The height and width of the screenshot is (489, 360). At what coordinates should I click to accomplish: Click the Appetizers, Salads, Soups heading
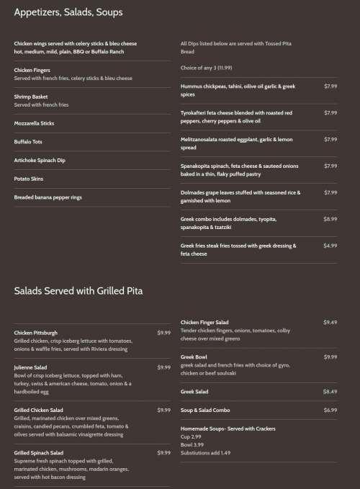[68, 12]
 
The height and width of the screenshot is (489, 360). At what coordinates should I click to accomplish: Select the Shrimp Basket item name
[30, 96]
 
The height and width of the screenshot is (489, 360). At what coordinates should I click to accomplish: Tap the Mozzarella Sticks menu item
[34, 123]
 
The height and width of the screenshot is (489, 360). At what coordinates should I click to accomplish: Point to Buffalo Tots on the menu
[28, 142]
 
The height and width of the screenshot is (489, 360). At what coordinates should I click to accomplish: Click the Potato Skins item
[30, 178]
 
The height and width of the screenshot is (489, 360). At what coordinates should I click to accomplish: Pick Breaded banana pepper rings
[48, 197]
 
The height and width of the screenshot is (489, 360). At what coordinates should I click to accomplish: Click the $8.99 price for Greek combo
[330, 219]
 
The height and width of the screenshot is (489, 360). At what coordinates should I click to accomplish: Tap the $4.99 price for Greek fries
[330, 246]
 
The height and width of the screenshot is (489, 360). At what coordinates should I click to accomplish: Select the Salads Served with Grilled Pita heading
[78, 291]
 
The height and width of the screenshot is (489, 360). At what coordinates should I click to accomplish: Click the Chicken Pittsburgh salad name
[36, 333]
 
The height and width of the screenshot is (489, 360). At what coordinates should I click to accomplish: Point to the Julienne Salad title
[30, 367]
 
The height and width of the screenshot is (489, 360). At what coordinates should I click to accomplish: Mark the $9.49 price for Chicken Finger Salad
[330, 322]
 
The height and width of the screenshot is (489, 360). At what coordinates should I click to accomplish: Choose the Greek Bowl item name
[194, 356]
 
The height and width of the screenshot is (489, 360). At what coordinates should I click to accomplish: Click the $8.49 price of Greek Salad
[330, 391]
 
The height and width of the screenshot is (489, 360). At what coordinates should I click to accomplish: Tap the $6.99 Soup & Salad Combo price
[330, 410]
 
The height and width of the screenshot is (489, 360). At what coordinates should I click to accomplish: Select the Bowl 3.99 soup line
[192, 445]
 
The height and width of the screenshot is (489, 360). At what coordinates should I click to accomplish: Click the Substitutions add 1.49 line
[206, 453]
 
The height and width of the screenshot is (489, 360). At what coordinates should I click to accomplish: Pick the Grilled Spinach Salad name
[38, 453]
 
